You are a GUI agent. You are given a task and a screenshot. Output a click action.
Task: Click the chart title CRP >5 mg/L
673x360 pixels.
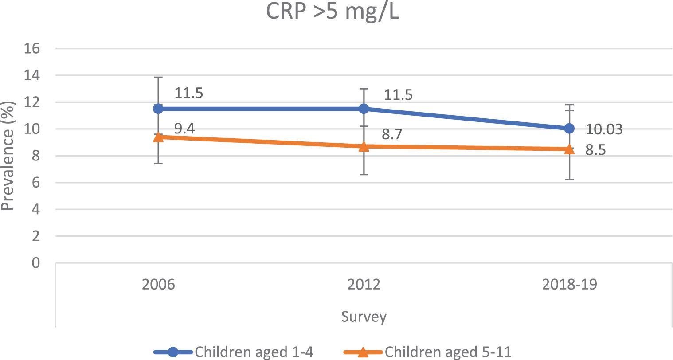333,12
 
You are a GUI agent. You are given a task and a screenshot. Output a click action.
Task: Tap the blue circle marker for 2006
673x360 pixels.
158,109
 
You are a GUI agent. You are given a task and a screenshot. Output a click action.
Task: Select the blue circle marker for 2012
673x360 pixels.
364,109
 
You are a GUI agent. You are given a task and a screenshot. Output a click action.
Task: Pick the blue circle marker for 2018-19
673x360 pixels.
569,129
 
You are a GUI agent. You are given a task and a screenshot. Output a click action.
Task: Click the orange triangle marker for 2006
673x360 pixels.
158,137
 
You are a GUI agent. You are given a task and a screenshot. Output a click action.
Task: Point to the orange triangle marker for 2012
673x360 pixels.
364,147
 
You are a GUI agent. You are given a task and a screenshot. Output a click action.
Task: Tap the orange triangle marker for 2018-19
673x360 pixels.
569,149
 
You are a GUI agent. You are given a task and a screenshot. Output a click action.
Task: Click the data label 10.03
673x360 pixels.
604,129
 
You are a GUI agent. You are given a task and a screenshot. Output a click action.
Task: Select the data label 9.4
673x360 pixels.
184,129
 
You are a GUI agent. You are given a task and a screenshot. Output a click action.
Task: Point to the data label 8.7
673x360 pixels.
392,134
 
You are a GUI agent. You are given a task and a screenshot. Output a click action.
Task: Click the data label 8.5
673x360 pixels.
595,150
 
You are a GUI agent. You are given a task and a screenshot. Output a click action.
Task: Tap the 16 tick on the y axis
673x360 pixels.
32,48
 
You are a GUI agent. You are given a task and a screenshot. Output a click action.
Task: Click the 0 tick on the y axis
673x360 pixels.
36,263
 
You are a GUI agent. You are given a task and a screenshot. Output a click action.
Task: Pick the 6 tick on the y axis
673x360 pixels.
36,182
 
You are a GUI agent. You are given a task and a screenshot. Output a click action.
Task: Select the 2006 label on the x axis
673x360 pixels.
158,284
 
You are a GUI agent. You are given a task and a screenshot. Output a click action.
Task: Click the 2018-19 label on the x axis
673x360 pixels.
569,284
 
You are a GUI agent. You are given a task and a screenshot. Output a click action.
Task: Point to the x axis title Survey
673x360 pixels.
364,317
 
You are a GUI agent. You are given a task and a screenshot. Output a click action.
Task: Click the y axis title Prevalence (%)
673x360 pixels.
8,156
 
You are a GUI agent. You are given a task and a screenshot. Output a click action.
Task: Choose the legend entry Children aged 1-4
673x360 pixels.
234,352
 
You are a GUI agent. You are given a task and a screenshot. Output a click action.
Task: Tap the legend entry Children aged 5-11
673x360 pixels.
427,352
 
